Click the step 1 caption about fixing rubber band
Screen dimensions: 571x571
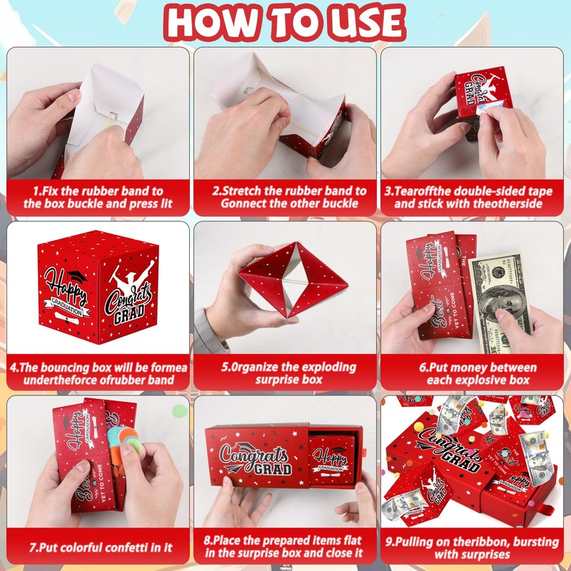(x=98, y=198)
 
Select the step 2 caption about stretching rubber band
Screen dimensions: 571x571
(x=285, y=198)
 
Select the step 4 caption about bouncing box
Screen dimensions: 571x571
(x=98, y=374)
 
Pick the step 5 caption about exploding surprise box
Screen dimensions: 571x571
(x=285, y=373)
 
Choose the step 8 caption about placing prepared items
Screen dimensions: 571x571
(x=285, y=547)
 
